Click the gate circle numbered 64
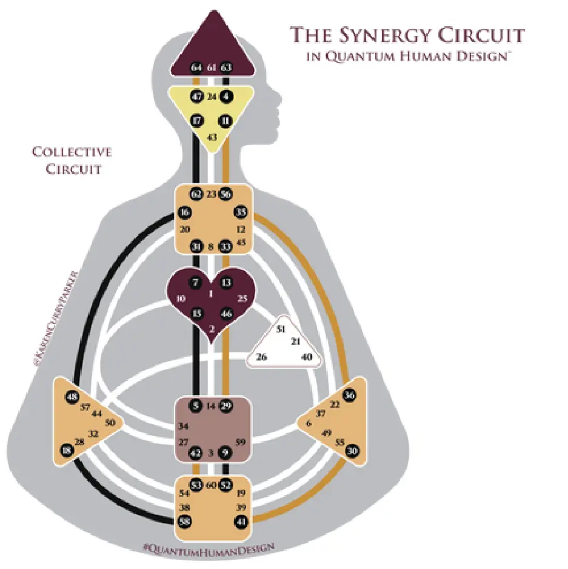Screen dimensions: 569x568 click(x=196, y=67)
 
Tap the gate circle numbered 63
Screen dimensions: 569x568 click(x=226, y=67)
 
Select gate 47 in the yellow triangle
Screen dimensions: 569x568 click(x=196, y=96)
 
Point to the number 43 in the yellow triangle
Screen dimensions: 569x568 click(x=212, y=137)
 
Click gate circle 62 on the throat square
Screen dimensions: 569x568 click(x=196, y=194)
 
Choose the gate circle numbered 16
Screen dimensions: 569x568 click(x=184, y=212)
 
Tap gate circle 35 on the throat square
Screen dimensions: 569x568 click(x=241, y=212)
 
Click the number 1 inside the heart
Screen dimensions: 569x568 click(x=212, y=294)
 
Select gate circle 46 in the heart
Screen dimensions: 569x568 click(x=226, y=314)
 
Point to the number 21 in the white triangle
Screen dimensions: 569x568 click(x=296, y=342)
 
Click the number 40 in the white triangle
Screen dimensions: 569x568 click(x=307, y=357)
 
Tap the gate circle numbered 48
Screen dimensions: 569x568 click(x=73, y=397)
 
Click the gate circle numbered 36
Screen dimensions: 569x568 click(x=350, y=395)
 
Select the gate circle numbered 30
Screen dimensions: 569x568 click(x=352, y=451)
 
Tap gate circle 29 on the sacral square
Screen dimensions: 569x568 click(x=226, y=406)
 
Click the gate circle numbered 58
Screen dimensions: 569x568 click(x=184, y=520)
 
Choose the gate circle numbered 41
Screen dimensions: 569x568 click(x=241, y=520)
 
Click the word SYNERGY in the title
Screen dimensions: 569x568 click(x=387, y=35)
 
